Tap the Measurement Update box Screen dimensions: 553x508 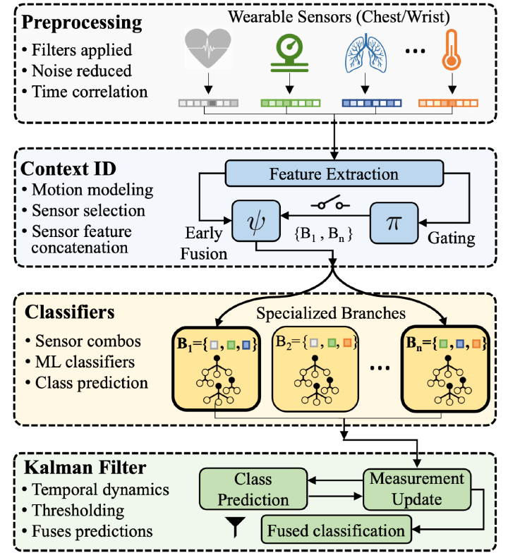coord(418,489)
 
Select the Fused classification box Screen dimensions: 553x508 coord(334,528)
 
